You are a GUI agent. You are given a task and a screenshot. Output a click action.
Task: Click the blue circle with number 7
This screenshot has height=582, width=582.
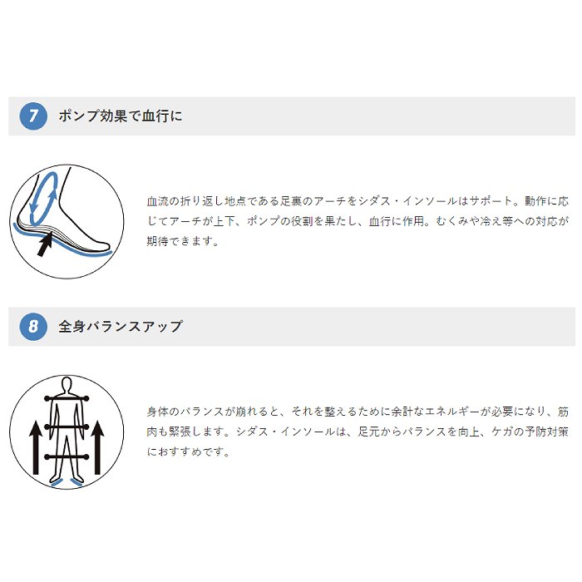click(33, 116)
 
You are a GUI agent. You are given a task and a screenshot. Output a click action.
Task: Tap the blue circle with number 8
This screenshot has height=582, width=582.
click(33, 327)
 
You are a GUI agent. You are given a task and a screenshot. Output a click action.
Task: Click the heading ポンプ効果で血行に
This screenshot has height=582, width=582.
click(121, 116)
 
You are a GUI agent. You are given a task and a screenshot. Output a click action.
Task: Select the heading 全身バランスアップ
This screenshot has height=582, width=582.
click(121, 327)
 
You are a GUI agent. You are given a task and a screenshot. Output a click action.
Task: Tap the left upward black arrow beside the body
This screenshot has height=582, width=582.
click(36, 447)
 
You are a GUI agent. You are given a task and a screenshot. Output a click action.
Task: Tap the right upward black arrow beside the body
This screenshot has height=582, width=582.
click(97, 447)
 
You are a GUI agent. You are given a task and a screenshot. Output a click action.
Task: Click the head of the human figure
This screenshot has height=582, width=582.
click(67, 384)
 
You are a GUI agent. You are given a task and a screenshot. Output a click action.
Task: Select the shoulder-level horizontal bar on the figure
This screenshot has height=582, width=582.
click(67, 398)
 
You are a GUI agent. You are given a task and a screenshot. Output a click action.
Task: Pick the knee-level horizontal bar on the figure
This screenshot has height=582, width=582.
click(67, 457)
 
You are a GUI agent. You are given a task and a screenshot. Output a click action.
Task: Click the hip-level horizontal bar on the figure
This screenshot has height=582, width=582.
click(67, 427)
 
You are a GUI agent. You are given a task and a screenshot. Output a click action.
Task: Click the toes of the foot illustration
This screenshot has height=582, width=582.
click(104, 246)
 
